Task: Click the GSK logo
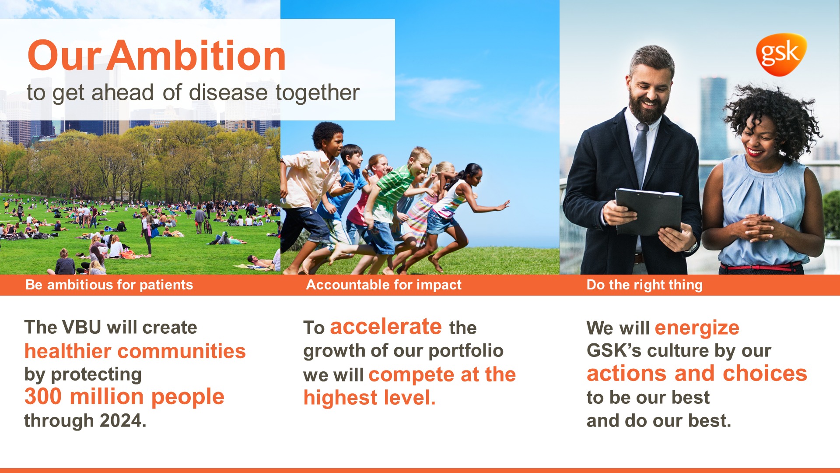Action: (781, 54)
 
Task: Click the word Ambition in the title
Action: (196, 56)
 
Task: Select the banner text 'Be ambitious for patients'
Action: (109, 285)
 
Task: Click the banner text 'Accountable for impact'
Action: (384, 285)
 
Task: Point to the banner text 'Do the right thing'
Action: (644, 285)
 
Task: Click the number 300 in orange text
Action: (43, 396)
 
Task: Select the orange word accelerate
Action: (386, 327)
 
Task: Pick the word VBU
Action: (82, 327)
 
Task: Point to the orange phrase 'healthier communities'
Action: (135, 351)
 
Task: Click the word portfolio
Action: (466, 351)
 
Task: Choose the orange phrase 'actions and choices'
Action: (697, 373)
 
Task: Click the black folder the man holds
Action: (648, 212)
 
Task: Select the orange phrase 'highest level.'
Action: (370, 398)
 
